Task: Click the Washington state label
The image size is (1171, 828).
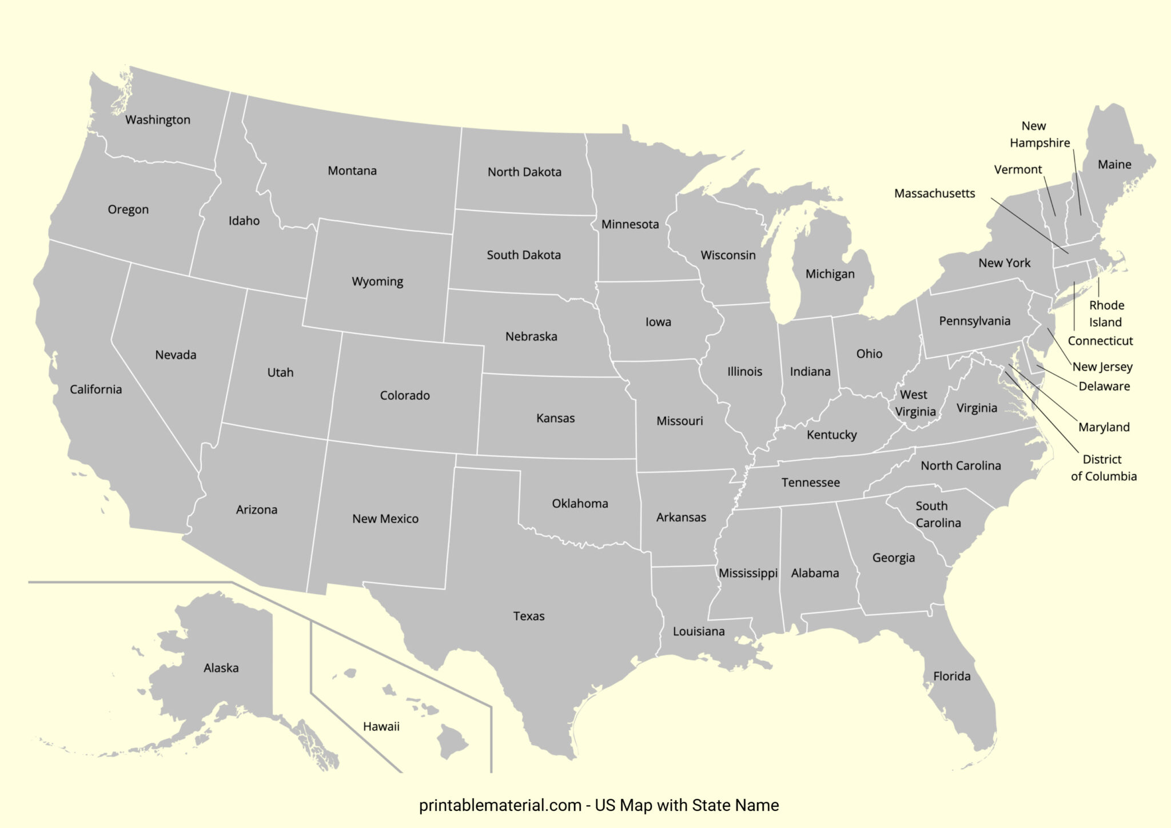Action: point(158,120)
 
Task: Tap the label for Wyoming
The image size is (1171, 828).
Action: point(377,281)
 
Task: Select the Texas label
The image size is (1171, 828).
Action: point(529,616)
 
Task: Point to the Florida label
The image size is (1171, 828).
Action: point(952,676)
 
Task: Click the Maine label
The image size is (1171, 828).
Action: point(1114,165)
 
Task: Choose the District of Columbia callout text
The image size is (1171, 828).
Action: point(1104,468)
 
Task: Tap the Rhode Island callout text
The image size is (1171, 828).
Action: point(1106,313)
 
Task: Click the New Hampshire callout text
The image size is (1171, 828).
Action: point(1039,134)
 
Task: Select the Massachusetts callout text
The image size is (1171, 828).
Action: point(934,193)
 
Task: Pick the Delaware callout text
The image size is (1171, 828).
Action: point(1104,386)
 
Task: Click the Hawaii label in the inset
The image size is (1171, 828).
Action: point(381,726)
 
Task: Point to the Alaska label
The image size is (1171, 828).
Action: point(221,667)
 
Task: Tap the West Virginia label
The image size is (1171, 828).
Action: point(915,403)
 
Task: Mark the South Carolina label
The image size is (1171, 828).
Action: point(938,514)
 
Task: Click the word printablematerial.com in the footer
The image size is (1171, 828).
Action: point(500,805)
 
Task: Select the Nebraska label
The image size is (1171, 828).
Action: point(531,336)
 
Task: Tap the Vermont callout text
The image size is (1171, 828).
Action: point(1018,169)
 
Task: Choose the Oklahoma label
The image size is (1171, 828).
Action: point(580,503)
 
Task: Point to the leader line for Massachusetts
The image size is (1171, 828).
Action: point(1029,226)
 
